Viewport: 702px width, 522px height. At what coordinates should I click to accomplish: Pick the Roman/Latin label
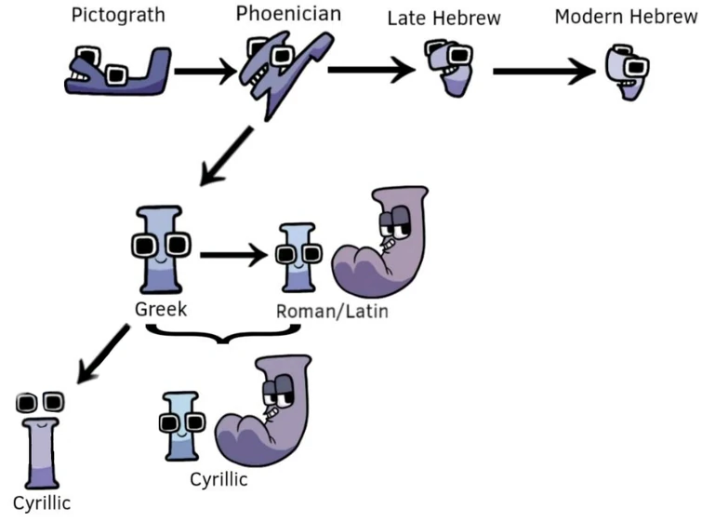(x=331, y=311)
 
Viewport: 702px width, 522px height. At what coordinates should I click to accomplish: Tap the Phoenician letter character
(x=278, y=70)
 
